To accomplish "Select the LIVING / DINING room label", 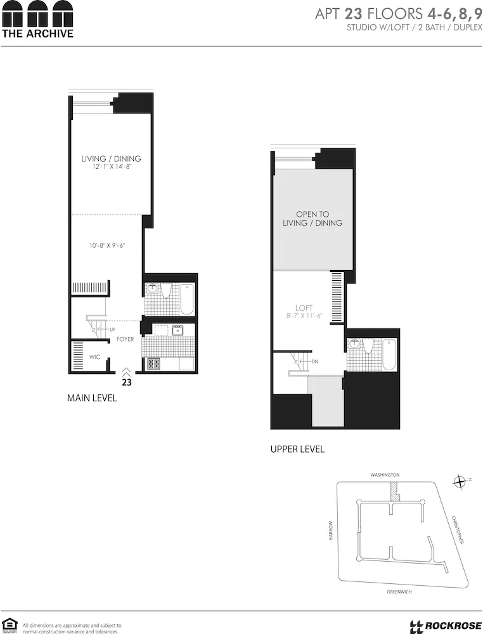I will pos(111,158).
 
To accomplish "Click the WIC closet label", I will pos(94,357).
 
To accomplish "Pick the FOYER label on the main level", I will pos(125,340).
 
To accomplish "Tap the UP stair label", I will pos(113,330).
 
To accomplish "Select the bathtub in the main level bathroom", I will pos(187,299).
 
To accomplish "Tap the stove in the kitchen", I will pos(153,364).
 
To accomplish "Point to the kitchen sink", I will pos(177,330).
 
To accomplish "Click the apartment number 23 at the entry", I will pos(127,382).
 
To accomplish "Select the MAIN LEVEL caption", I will pos(92,399).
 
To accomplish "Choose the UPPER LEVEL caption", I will pos(297,449).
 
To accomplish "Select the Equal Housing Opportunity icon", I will pos(9,624).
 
